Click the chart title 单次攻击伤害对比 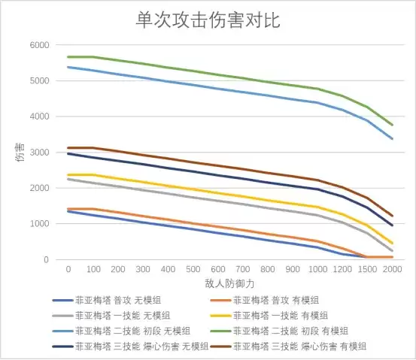pos(208,20)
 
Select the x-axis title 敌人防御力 pos(230,283)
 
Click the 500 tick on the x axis pos(193,270)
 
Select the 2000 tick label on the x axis pos(393,270)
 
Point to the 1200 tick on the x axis pos(343,270)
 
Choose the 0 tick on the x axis pos(68,270)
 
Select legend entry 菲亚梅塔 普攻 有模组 pos(275,300)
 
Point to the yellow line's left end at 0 pos(68,175)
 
